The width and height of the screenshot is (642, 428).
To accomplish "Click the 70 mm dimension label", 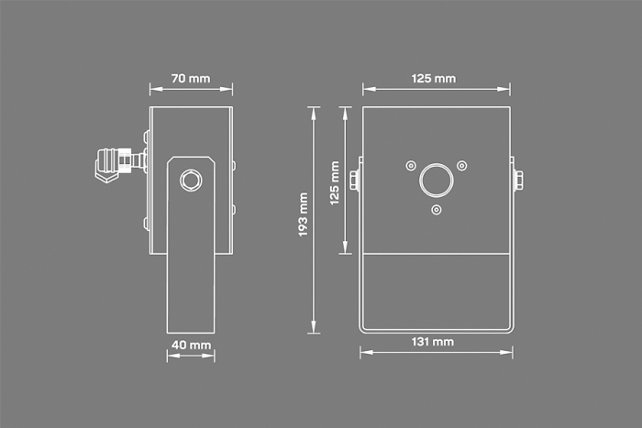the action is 191,78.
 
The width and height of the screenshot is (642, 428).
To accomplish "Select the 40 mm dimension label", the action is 191,345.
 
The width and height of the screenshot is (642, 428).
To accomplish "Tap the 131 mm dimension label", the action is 433,342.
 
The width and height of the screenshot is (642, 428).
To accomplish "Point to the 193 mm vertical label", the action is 303,214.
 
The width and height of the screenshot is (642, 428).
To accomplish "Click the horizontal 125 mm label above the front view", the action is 434,78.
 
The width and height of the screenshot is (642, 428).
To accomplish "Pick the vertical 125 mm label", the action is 335,183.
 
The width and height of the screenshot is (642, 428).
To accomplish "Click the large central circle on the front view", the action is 436,181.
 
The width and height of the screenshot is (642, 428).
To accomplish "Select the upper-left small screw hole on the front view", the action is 411,166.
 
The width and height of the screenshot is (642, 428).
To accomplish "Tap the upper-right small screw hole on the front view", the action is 462,166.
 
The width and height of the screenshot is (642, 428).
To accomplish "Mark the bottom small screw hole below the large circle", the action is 437,210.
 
